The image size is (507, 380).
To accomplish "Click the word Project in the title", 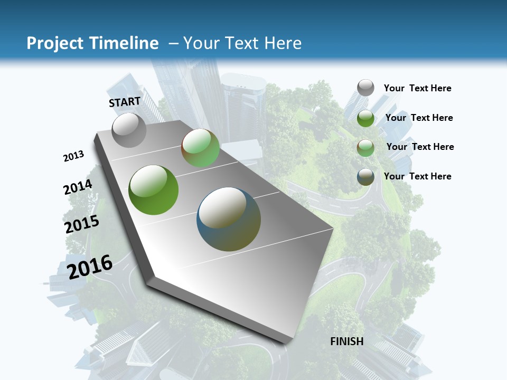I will coord(55,43).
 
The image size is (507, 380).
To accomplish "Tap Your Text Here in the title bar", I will coord(242,43).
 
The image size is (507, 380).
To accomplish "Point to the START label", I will coord(125,102).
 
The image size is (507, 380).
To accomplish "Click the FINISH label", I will coord(347,341).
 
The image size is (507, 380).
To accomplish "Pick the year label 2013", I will coord(73,156).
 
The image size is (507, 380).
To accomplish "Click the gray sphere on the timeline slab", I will coord(129,130).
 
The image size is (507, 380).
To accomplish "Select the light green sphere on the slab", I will coord(200,148).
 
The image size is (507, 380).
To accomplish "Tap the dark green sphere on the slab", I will coord(153,190).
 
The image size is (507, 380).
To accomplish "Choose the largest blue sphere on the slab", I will coord(229,219).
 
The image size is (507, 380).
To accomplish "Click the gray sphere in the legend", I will coord(365,88).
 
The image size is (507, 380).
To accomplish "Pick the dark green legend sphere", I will coord(365,118).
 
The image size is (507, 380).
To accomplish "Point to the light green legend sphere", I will coord(365,148).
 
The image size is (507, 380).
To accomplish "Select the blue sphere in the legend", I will coord(365,177).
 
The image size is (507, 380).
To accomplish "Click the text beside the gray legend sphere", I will coord(417,89).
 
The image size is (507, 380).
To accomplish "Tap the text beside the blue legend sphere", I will coord(417,176).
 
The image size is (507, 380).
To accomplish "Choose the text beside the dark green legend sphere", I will coord(419,118).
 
